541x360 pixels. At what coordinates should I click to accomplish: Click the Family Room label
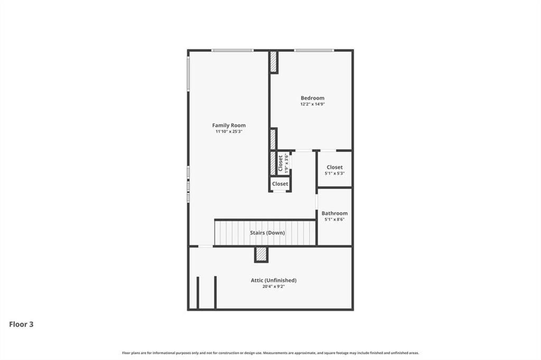(229, 125)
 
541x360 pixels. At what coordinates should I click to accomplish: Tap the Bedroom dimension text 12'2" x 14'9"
(312, 105)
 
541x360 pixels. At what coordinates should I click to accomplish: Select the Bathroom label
(334, 213)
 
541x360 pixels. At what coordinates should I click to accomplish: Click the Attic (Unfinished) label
(273, 280)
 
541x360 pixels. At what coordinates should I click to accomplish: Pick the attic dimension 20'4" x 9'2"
(273, 287)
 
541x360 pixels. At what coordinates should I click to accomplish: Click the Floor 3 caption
(21, 325)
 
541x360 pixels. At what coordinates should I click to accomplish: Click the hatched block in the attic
(261, 254)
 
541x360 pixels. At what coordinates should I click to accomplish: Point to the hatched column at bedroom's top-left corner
(273, 62)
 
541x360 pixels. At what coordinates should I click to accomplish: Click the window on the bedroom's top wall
(314, 51)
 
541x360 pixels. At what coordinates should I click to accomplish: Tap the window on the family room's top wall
(232, 51)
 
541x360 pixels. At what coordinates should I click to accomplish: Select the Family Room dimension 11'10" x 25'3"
(229, 131)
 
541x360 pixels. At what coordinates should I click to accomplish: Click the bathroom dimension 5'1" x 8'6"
(334, 220)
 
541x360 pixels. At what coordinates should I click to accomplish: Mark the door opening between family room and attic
(206, 246)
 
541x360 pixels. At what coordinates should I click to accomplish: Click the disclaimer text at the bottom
(270, 353)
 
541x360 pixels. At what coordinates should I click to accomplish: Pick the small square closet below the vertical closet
(280, 184)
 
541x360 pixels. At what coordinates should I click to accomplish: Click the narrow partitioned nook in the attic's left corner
(207, 292)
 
